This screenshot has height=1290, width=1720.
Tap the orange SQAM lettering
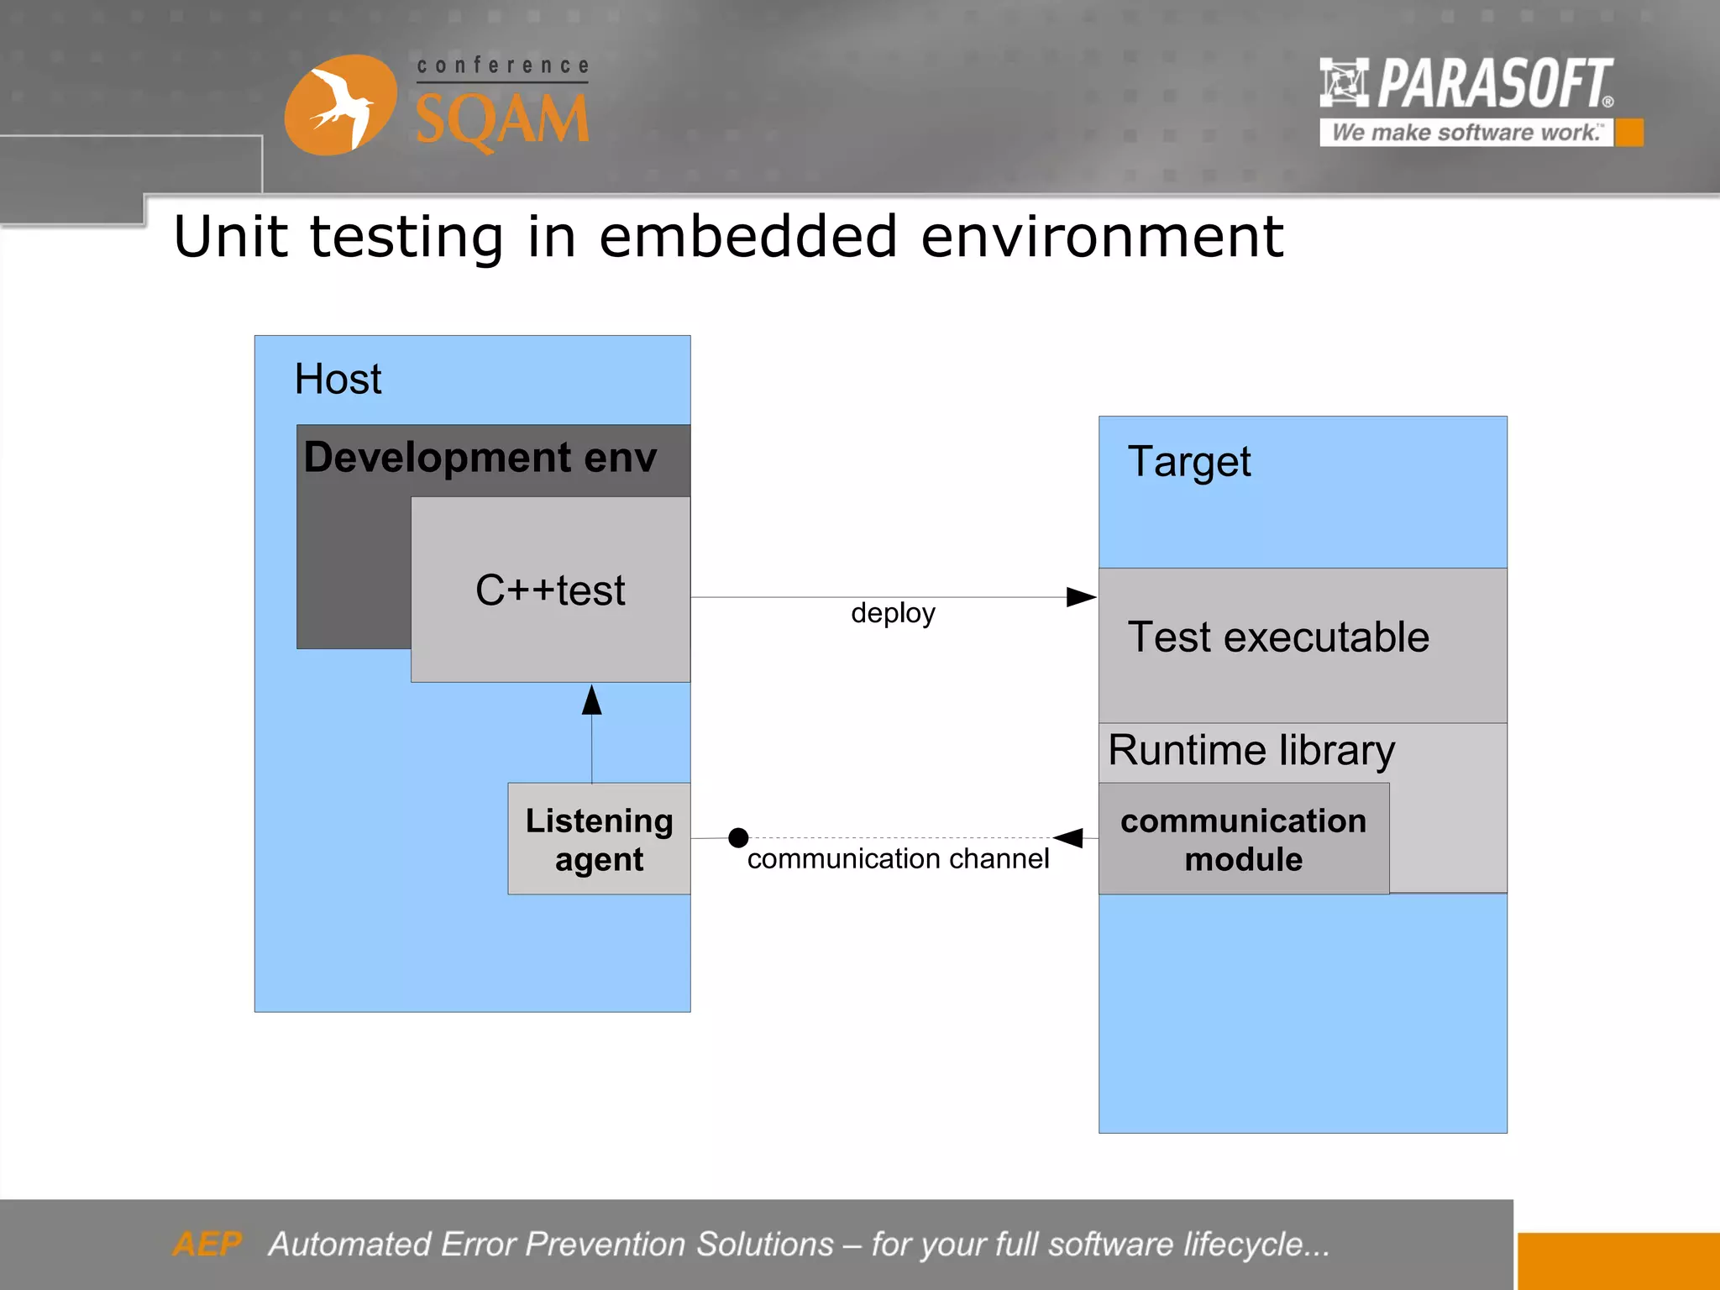pyautogui.click(x=502, y=120)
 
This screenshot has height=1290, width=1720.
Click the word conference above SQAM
pyautogui.click(x=503, y=66)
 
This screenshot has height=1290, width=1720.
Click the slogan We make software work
pyautogui.click(x=1466, y=133)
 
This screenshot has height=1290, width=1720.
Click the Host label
pyautogui.click(x=338, y=379)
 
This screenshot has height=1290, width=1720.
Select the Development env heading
pyautogui.click(x=480, y=458)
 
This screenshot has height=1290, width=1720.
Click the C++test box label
pyautogui.click(x=550, y=590)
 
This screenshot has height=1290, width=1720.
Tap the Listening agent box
pyautogui.click(x=599, y=839)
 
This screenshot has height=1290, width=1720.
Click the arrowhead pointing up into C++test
pyautogui.click(x=592, y=700)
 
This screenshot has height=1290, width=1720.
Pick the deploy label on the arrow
pyautogui.click(x=893, y=613)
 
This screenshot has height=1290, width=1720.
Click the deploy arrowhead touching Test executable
pyautogui.click(x=1081, y=597)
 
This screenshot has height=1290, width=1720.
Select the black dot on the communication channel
pyautogui.click(x=738, y=837)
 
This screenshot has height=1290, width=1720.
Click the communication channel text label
pyautogui.click(x=898, y=858)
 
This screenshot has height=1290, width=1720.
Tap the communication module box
pyautogui.click(x=1243, y=839)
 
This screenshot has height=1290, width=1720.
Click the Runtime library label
pyautogui.click(x=1251, y=750)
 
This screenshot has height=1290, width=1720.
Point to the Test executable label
pyautogui.click(x=1278, y=637)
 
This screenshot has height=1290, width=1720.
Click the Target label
pyautogui.click(x=1189, y=462)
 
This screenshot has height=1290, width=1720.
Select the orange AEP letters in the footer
pyautogui.click(x=207, y=1244)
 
